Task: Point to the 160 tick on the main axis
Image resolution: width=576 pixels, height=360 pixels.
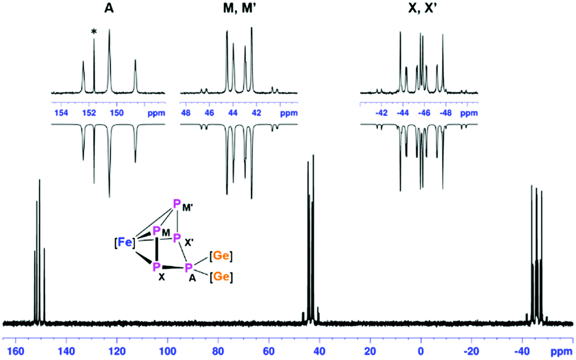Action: pos(15,351)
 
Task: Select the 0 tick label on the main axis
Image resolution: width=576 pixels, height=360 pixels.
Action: pos(421,351)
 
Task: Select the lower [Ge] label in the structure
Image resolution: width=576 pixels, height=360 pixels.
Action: pos(221,277)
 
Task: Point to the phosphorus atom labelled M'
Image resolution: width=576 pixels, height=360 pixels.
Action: pos(177,205)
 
